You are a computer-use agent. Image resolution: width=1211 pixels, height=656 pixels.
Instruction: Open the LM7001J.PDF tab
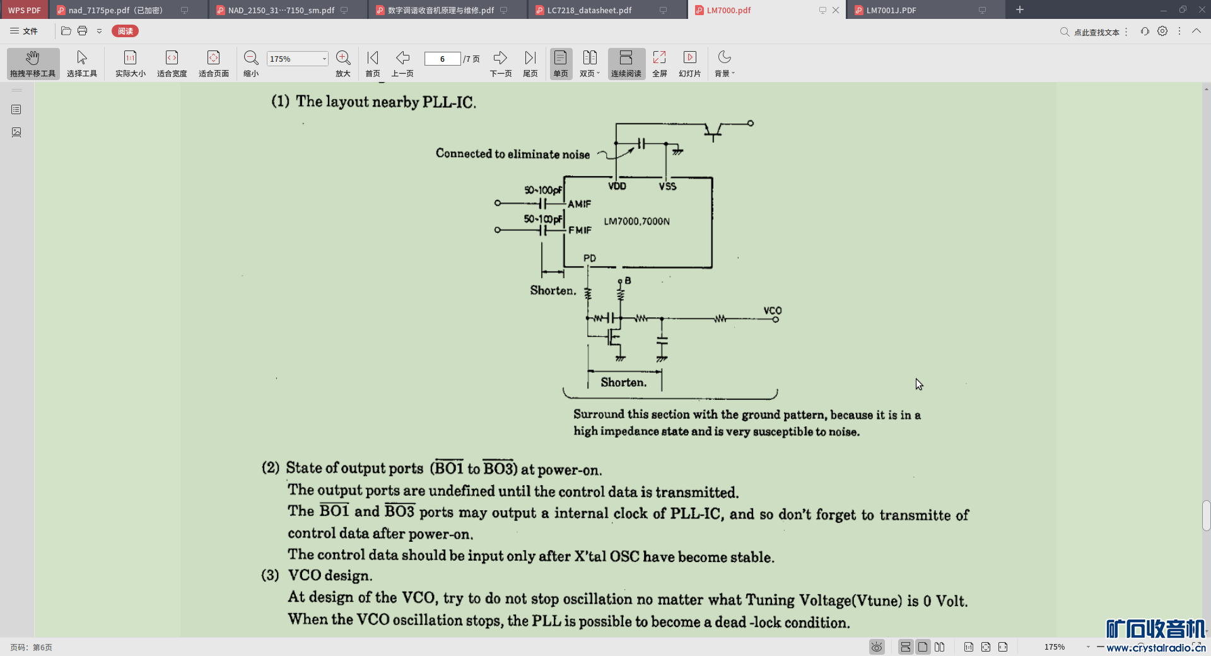point(891,10)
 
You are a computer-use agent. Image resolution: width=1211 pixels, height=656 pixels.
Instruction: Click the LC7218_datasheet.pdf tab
point(588,10)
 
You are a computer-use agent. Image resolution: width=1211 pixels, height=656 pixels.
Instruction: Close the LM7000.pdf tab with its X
point(836,10)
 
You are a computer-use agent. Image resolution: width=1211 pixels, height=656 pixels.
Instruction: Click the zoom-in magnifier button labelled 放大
point(343,63)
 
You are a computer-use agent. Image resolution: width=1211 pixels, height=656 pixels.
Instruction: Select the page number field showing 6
point(442,59)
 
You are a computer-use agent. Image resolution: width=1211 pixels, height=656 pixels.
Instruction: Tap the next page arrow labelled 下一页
point(500,63)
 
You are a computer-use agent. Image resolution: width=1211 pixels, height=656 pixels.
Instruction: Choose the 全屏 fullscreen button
point(659,63)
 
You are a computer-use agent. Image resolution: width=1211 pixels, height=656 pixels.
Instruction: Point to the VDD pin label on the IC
point(617,186)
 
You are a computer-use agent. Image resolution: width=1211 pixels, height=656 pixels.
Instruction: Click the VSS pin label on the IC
point(667,186)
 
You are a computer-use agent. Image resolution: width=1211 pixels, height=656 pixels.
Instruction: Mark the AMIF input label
point(579,204)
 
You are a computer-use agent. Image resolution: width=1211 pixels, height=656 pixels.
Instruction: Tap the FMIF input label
point(580,230)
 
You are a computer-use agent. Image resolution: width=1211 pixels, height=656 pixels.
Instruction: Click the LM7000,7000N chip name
point(636,221)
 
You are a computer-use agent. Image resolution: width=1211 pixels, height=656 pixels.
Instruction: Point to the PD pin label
point(590,258)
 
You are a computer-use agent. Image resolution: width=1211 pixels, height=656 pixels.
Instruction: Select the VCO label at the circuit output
point(772,310)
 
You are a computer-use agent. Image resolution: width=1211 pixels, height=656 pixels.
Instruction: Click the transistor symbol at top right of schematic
point(713,131)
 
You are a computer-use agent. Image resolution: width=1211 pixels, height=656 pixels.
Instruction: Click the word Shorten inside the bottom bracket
point(623,382)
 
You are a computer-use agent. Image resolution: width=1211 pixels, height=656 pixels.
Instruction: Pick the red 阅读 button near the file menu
point(125,31)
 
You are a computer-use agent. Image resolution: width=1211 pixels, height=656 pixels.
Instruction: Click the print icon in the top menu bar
point(82,31)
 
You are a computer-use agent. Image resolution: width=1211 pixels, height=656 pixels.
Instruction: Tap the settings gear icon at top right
point(1162,31)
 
